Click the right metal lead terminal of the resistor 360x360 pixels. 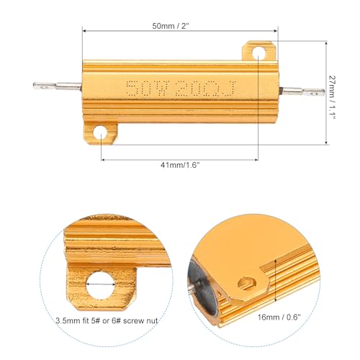point(302,92)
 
